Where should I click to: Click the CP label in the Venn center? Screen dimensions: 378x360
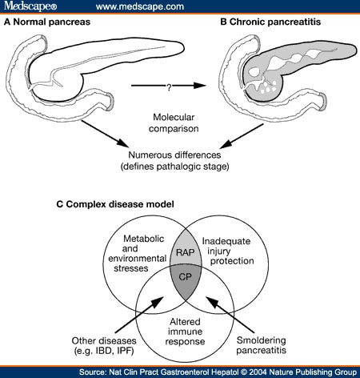(185, 279)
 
